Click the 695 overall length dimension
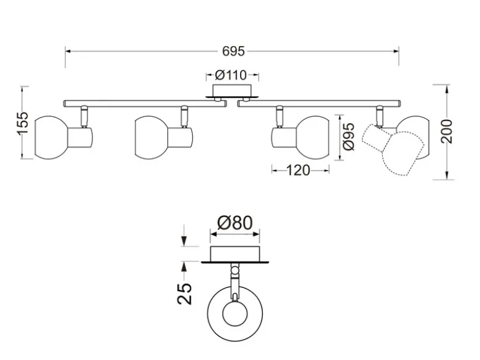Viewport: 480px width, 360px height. (x=233, y=51)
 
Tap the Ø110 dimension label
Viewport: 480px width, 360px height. (x=231, y=75)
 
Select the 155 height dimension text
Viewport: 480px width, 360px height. (x=23, y=123)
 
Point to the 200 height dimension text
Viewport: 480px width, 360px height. (x=447, y=131)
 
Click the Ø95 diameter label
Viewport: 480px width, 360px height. (x=349, y=137)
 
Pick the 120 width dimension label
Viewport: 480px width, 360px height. (x=298, y=170)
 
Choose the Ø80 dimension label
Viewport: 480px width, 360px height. (x=235, y=223)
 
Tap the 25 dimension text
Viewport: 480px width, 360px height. (x=184, y=294)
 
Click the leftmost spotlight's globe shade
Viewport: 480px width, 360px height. (x=51, y=137)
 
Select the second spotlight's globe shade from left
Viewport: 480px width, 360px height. (x=151, y=137)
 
